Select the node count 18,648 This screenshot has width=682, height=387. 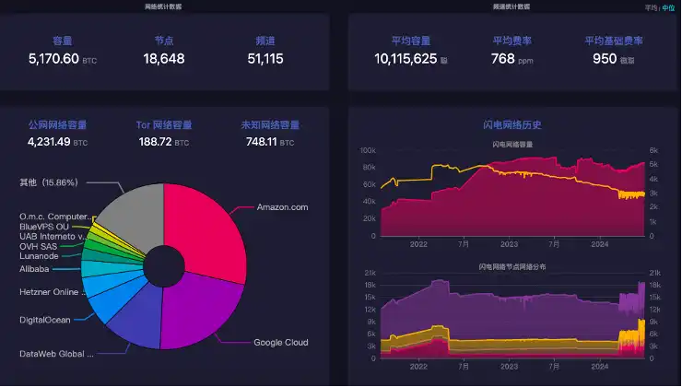pos(164,59)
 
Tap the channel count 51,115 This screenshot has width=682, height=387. pos(265,59)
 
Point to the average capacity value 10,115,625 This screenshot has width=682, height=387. pos(406,59)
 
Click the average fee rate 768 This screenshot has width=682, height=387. pos(502,59)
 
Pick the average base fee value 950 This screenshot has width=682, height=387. pos(605,59)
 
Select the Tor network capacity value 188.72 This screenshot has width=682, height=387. pos(155,142)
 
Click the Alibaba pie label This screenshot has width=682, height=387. pos(34,269)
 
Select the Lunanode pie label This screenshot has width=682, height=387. pos(39,257)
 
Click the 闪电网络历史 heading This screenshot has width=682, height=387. pos(512,124)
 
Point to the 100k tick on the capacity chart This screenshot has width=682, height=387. pos(368,150)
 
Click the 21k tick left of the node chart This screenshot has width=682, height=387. pos(370,274)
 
